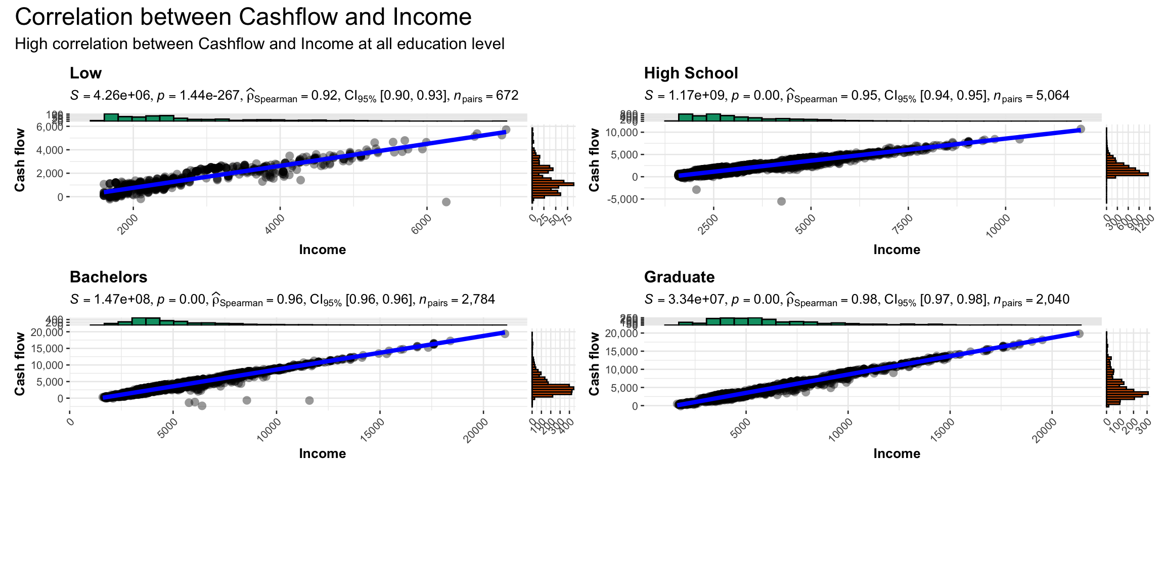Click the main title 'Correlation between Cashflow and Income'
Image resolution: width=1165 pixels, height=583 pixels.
click(243, 17)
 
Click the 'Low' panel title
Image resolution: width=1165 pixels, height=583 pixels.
click(85, 73)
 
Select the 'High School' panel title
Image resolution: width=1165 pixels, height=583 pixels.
click(691, 73)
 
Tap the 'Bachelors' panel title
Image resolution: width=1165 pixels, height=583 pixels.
click(108, 277)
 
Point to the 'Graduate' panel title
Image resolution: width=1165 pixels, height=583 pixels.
click(679, 277)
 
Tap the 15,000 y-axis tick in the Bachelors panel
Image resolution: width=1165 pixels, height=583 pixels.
click(46, 349)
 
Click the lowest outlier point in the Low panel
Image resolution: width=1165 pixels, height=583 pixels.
click(446, 202)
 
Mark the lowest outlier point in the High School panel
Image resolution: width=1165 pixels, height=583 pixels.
click(781, 201)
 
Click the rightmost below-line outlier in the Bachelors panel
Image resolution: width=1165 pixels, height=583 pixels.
click(309, 400)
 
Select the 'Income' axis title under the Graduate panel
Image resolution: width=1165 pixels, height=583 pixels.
click(897, 453)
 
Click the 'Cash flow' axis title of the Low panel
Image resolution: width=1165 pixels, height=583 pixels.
click(20, 160)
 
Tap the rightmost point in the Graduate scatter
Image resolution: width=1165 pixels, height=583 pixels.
click(1079, 334)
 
